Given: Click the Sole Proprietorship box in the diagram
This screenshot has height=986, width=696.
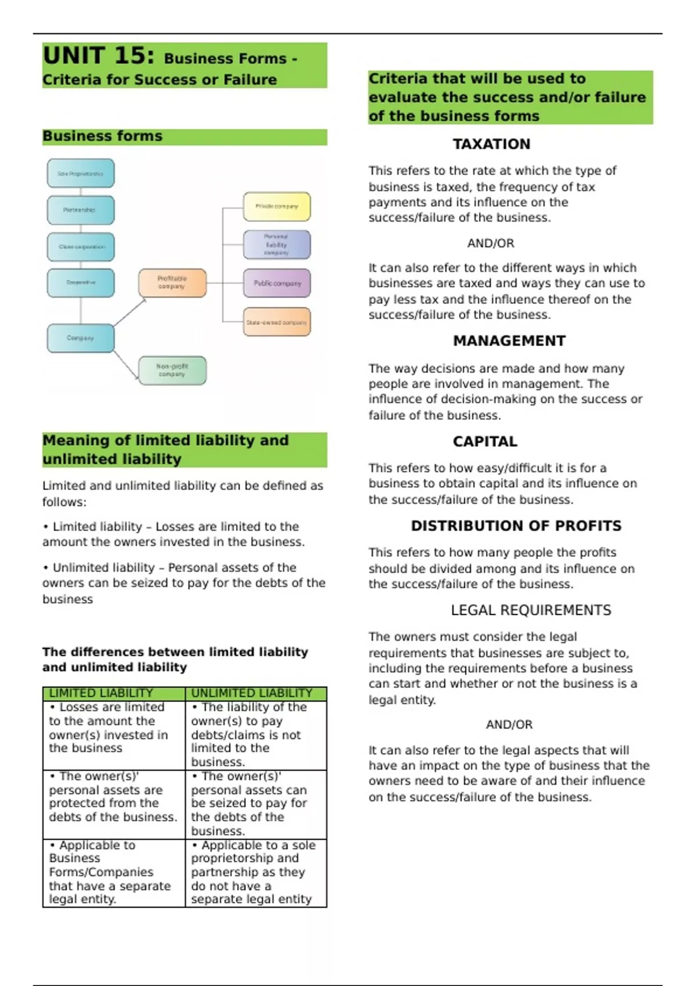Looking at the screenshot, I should point(81,173).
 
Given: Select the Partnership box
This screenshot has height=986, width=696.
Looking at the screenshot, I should point(81,210).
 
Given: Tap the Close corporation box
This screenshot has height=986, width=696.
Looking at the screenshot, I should point(81,246).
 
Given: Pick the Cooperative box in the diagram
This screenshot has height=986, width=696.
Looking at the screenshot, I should point(81,282).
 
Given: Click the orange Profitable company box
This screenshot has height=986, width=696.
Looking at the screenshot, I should point(172,282).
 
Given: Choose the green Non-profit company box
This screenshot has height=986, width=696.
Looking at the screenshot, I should point(172,370).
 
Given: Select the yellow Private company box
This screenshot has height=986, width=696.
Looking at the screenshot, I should point(277,206).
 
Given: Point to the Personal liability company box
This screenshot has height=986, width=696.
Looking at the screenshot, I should point(277,244).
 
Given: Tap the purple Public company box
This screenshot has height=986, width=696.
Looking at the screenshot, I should point(277,283).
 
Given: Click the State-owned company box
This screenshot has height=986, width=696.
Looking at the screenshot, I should point(277,322).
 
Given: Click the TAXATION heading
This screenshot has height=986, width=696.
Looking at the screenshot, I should point(491,144).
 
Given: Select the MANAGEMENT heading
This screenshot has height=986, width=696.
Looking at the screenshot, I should point(509,340).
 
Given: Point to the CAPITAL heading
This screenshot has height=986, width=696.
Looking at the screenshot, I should point(485,441).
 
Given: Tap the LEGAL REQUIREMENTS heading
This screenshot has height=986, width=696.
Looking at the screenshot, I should point(531,610).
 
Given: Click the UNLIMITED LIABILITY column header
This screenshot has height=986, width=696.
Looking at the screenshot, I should point(252,693).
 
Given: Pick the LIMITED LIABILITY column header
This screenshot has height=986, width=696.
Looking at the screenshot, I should point(101,693).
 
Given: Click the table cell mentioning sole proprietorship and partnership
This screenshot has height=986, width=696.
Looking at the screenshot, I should point(255,872).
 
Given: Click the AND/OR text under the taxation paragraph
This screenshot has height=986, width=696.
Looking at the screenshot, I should point(491,244).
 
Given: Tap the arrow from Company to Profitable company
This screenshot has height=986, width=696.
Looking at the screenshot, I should point(130,312).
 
